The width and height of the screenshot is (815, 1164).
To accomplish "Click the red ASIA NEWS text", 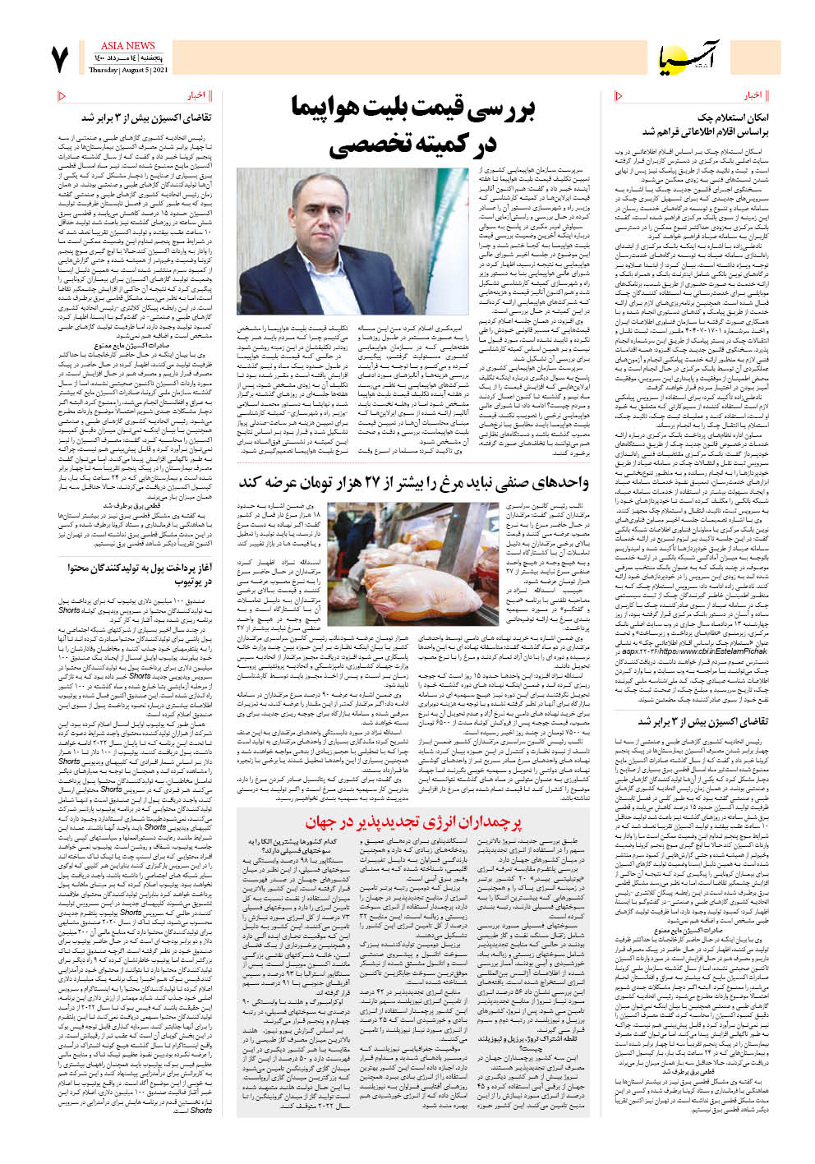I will [x=127, y=46].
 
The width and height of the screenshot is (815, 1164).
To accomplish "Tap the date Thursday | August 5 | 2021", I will [x=127, y=71].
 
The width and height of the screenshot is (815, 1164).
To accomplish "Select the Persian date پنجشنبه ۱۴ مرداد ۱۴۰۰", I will [x=127, y=59].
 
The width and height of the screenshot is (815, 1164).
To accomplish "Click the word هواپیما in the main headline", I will [x=331, y=109].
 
